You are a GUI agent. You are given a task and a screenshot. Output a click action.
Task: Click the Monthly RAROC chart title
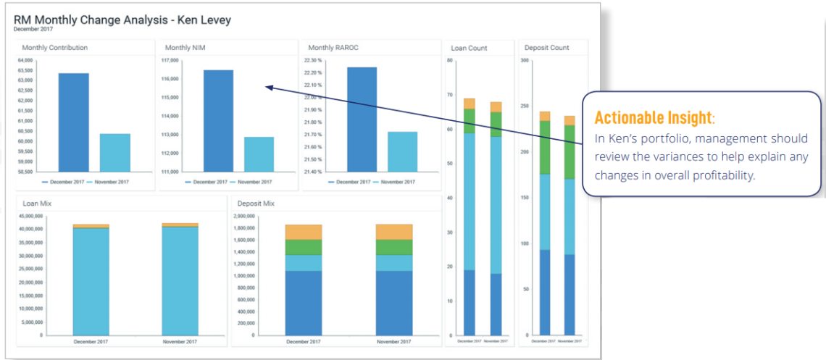(x=333, y=48)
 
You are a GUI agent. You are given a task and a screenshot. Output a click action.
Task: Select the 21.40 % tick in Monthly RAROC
(x=313, y=172)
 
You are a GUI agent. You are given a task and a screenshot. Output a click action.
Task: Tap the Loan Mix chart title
(x=36, y=204)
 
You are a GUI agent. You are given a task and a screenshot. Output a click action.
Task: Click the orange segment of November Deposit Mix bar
(x=393, y=232)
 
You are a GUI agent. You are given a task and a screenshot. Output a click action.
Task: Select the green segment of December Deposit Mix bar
(x=303, y=247)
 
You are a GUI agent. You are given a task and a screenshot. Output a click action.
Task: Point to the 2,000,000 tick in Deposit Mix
(x=245, y=216)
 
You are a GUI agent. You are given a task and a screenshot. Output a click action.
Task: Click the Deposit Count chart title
(x=542, y=48)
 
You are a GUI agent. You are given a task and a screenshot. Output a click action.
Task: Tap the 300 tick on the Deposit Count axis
(x=524, y=60)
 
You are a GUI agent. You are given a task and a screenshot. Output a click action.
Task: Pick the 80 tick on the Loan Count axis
(x=449, y=60)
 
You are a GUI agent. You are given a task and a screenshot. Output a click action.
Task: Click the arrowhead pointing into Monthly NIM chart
(x=267, y=88)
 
